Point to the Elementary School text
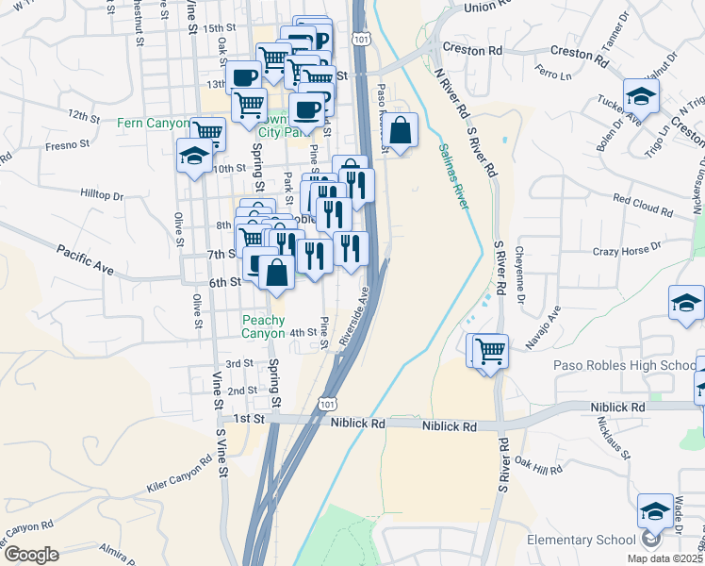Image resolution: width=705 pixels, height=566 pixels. click(x=581, y=540)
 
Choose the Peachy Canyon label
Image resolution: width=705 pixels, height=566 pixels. click(x=263, y=326)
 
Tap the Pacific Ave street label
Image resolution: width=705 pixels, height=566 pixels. click(x=85, y=259)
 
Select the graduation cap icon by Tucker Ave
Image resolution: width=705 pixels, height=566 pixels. click(x=641, y=95)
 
